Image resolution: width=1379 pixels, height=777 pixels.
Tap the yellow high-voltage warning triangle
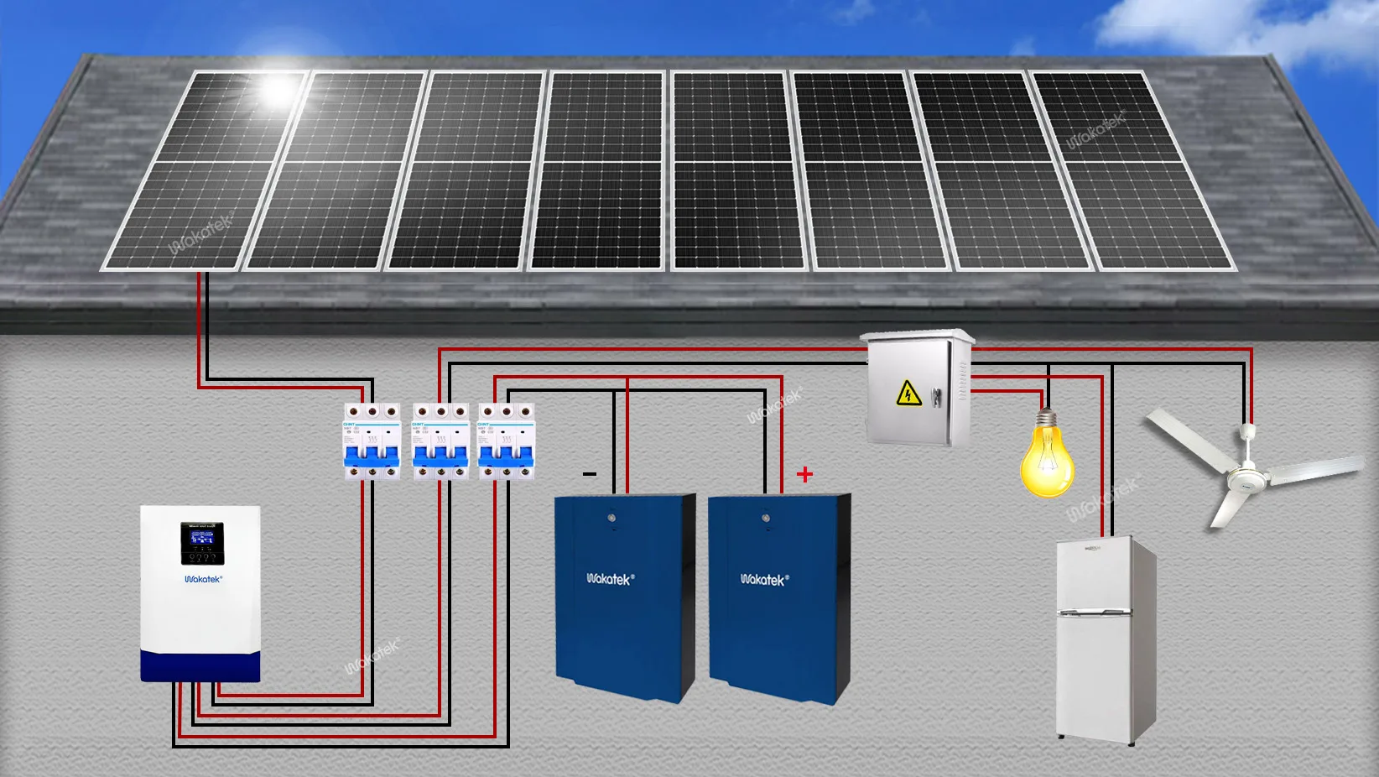(908, 393)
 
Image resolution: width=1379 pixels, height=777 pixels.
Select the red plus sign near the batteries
(804, 475)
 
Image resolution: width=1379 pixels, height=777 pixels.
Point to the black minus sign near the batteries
(590, 474)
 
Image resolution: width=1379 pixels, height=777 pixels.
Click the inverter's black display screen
(202, 542)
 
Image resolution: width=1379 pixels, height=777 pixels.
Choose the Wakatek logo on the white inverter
(203, 579)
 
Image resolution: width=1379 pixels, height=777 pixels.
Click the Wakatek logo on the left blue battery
(610, 579)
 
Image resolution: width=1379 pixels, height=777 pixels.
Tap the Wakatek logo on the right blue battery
(763, 579)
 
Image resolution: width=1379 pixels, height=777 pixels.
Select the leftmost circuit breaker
(372, 441)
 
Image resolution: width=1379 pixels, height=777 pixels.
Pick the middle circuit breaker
(440, 441)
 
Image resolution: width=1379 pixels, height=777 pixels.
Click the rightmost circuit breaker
(507, 441)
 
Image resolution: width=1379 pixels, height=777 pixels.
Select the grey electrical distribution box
(917, 388)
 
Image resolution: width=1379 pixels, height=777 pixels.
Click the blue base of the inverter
(200, 666)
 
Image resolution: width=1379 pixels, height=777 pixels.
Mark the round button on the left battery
(611, 519)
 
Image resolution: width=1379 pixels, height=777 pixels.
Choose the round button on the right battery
(765, 519)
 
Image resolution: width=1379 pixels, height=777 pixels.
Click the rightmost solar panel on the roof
(1132, 172)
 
